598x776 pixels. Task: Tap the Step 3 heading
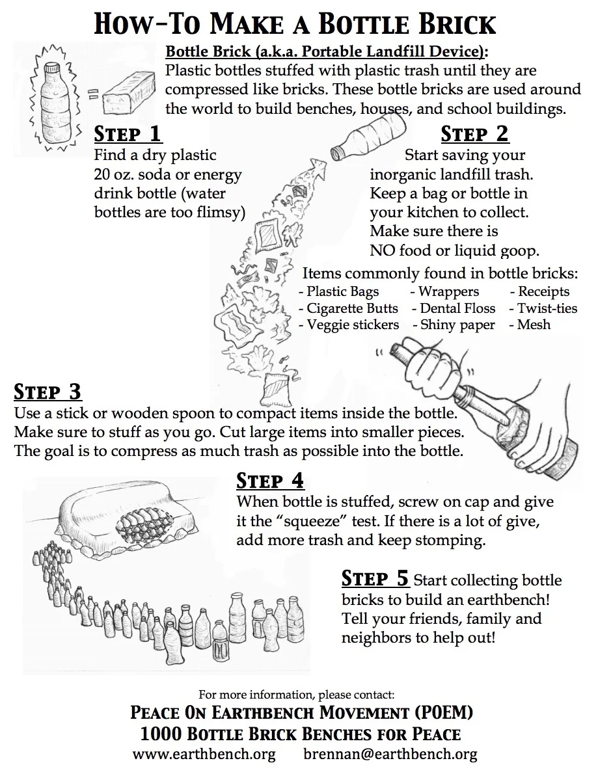point(48,392)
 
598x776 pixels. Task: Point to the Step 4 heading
point(270,481)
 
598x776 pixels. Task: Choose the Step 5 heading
point(375,578)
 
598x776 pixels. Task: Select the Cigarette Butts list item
point(348,308)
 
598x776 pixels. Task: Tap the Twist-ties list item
point(543,308)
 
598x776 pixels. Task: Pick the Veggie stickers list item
point(349,325)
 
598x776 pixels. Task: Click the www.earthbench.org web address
point(204,755)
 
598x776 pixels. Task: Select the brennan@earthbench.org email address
point(390,755)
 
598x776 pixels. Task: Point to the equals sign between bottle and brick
point(94,94)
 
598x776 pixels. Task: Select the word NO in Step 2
point(382,250)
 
